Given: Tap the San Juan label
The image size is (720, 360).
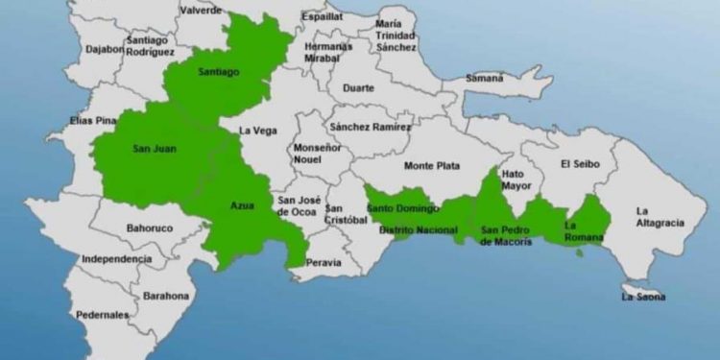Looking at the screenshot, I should (x=153, y=149).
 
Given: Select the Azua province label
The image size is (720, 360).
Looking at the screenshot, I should (x=243, y=206).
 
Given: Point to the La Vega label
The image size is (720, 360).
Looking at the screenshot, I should (x=257, y=131).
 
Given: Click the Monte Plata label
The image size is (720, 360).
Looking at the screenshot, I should (x=431, y=166).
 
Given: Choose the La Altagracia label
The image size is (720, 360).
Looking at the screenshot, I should (x=660, y=217).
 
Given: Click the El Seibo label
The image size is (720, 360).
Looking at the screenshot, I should (x=580, y=164).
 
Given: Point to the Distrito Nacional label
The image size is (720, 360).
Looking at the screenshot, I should (x=418, y=230).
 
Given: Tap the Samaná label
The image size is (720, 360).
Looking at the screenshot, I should (x=484, y=78).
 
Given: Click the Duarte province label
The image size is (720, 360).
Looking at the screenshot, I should (x=359, y=86).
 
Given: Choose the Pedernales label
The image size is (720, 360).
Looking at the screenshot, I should (x=104, y=315).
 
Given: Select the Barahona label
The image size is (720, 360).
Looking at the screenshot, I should (x=166, y=297).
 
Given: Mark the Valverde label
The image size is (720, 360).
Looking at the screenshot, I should (x=202, y=9).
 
